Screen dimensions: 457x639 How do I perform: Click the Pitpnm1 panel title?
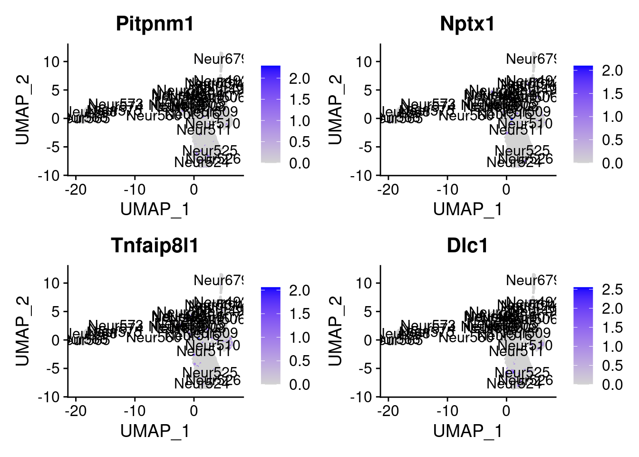155,24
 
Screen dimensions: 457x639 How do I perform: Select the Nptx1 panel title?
467,24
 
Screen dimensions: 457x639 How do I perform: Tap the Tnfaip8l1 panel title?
155,246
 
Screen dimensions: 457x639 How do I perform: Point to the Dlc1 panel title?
467,246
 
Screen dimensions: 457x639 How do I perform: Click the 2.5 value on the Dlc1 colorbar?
612,289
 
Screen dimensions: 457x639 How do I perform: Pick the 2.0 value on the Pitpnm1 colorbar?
300,79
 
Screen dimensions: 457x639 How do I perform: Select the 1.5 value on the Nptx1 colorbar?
612,94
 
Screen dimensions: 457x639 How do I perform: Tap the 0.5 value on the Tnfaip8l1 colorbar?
300,361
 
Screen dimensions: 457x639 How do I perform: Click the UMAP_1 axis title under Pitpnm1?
155,209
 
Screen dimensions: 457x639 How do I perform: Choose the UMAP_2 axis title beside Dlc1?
336,331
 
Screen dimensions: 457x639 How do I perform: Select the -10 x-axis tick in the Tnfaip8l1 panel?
135,411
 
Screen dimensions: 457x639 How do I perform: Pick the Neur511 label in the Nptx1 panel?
516,129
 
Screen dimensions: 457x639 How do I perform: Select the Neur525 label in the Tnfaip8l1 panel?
210,372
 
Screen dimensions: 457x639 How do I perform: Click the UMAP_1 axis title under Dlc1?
467,431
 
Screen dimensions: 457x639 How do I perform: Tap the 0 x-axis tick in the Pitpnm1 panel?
194,189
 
